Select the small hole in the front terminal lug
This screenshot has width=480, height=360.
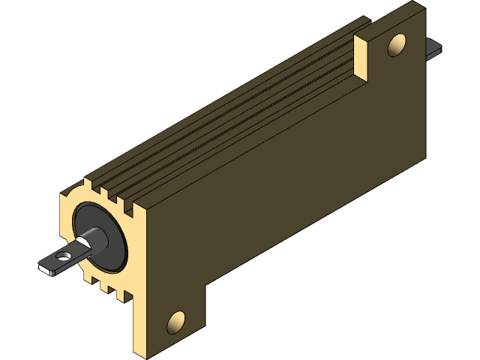tap(64, 256)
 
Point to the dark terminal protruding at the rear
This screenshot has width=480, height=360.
tap(433, 49)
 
